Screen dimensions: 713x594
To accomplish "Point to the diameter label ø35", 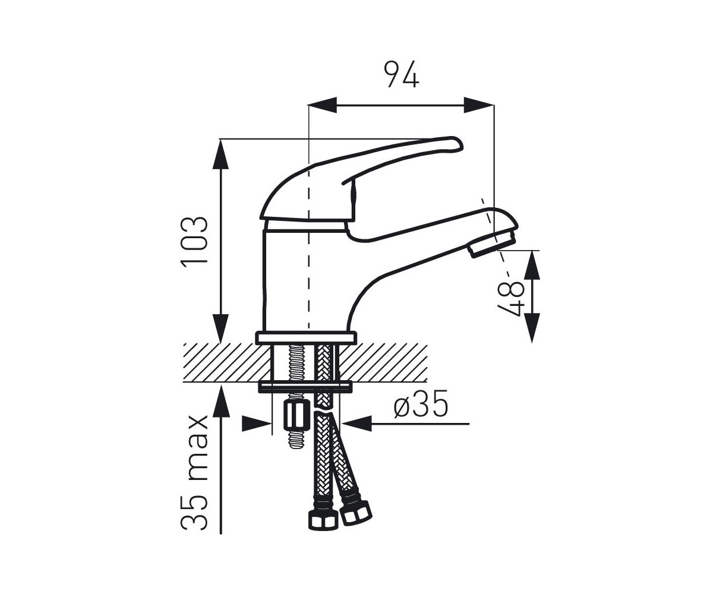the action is pos(421,403).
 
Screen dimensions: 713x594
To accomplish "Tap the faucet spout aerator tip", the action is pos(492,244).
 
